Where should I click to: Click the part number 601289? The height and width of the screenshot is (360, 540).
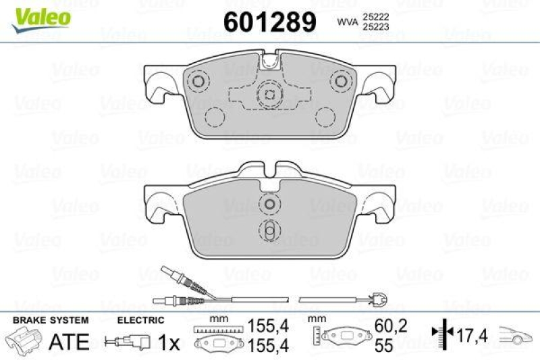tap(269, 23)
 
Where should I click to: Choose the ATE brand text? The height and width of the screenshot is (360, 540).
tap(70, 342)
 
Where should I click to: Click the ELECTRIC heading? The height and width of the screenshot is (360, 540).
tap(140, 320)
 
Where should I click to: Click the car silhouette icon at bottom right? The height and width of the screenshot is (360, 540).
tap(516, 333)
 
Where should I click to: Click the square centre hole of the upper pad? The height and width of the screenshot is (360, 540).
tap(269, 95)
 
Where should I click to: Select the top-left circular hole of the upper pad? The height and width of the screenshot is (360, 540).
tap(198, 82)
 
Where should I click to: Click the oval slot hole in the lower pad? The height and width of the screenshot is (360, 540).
tap(269, 230)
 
